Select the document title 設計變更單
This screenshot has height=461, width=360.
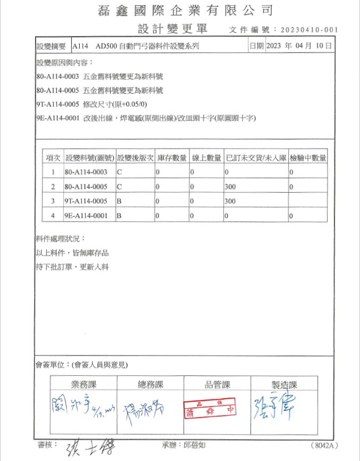point(172,28)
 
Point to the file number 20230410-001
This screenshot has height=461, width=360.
point(308,30)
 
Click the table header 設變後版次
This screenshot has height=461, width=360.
point(135,158)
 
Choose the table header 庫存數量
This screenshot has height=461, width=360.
point(172,158)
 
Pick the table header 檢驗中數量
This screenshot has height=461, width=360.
point(308,158)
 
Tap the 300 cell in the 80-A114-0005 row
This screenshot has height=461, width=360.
point(230,187)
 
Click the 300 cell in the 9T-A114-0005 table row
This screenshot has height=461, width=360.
point(230,202)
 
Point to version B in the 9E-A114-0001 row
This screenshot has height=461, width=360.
point(119,216)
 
